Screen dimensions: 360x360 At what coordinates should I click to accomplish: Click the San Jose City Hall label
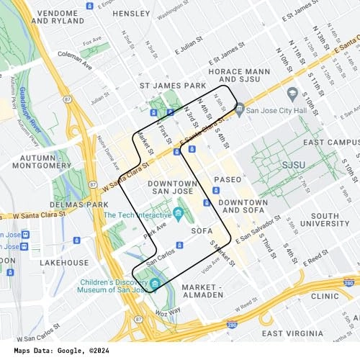(276, 110)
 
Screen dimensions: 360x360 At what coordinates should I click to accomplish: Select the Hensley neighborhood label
(131, 13)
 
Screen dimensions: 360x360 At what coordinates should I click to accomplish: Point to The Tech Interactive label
(135, 215)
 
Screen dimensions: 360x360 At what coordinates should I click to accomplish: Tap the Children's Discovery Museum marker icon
(155, 283)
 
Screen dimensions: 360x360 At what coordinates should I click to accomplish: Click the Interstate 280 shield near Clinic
(348, 283)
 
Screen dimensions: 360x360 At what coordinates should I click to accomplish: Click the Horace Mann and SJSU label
(239, 76)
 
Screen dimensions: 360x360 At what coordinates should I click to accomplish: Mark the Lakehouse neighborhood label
(64, 263)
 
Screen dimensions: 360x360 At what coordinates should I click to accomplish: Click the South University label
(334, 220)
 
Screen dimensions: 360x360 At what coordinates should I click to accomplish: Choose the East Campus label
(330, 143)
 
